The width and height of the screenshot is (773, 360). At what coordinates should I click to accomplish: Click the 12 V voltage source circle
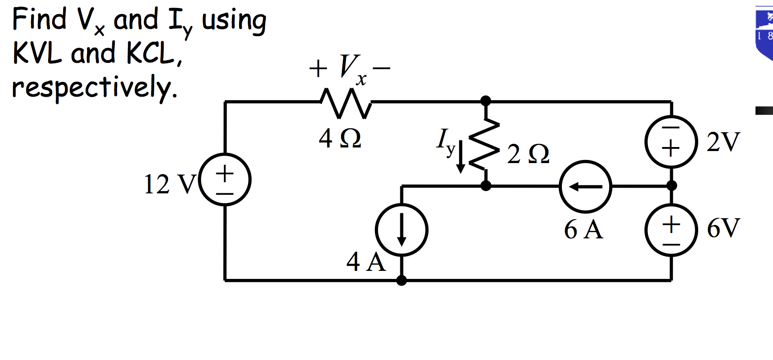tap(225, 180)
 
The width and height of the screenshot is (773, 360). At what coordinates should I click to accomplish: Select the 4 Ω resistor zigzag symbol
tap(346, 103)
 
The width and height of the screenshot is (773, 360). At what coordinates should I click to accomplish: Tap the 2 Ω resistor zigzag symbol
tap(485, 144)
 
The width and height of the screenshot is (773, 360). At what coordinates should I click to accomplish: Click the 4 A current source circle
tap(401, 230)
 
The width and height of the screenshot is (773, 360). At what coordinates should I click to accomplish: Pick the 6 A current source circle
tap(586, 186)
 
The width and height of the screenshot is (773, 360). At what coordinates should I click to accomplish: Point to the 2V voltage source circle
tap(671, 142)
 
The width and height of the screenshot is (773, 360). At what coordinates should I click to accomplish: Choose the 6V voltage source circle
tap(671, 230)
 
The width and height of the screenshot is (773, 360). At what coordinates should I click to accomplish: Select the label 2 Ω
tap(528, 154)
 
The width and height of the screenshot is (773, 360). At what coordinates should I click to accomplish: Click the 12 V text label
tap(169, 184)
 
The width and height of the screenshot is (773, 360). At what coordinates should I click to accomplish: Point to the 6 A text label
tap(583, 230)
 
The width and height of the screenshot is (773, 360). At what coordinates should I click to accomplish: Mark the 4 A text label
tap(366, 262)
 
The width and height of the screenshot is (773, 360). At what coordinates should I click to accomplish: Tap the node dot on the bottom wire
tap(401, 280)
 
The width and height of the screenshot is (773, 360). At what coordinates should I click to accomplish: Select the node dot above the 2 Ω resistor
tap(486, 101)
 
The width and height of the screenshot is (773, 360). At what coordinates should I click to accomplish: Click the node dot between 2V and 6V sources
tap(671, 185)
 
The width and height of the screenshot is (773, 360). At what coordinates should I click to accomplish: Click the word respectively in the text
tap(94, 88)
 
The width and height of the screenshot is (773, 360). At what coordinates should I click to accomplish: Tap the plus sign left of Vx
tap(318, 69)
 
